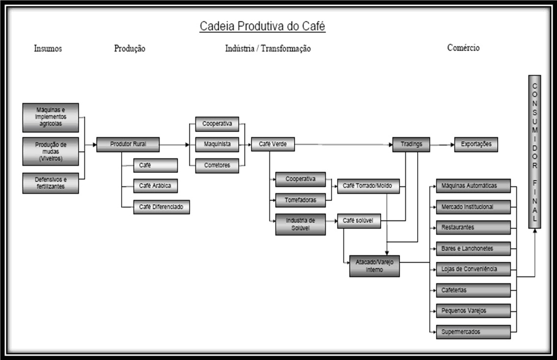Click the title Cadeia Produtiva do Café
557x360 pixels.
262,27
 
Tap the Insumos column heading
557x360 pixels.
48,48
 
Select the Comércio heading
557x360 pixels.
463,48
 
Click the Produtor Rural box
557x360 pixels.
128,144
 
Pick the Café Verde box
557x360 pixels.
273,144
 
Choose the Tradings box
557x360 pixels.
411,144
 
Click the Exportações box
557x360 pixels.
476,144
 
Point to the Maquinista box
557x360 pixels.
217,145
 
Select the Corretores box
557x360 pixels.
217,166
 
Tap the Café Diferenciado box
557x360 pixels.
161,207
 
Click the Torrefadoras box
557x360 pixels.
300,200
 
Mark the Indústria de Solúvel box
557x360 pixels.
300,224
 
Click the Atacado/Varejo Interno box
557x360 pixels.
374,266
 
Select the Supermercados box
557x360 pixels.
473,332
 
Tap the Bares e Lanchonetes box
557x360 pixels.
473,249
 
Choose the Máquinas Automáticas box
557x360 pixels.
473,186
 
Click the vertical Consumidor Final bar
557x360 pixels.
534,152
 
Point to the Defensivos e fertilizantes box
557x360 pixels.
51,183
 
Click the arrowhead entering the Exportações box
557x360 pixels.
452,145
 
